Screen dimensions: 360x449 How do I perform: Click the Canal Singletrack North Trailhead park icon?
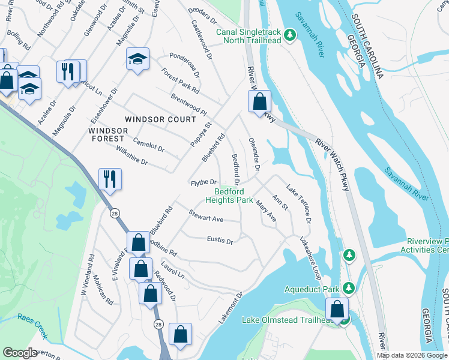pos(290,35)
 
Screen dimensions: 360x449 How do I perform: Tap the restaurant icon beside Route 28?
pos(110,178)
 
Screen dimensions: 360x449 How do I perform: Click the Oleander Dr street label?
pos(254,155)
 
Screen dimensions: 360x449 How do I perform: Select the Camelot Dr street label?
pos(148,145)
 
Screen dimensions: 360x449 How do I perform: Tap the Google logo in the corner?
pos(20,353)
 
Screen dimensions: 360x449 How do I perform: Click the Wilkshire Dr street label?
pos(131,157)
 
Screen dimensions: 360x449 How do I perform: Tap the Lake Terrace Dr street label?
pos(299,204)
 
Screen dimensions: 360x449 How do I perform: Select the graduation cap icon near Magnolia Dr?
pos(137,59)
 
